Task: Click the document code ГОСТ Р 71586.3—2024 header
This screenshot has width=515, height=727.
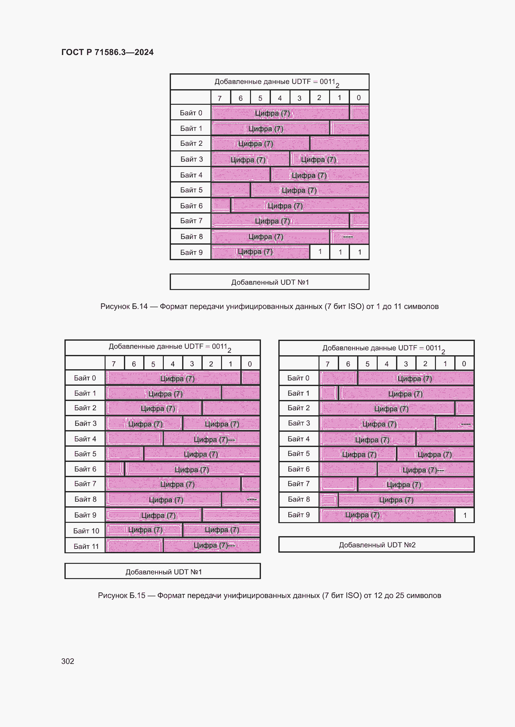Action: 107,52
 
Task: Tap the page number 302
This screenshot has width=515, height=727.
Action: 68,661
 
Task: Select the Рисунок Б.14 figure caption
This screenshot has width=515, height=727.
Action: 269,306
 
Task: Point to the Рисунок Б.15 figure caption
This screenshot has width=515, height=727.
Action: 269,596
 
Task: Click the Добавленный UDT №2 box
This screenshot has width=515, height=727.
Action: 376,545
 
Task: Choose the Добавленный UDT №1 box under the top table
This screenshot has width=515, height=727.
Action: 270,282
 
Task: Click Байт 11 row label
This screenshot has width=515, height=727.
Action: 86,546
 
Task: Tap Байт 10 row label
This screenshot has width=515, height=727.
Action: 86,531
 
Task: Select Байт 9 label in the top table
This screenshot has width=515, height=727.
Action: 191,252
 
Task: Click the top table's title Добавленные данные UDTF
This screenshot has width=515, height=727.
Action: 270,82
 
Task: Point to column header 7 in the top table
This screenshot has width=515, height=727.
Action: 220,98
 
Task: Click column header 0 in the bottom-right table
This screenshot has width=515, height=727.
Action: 464,364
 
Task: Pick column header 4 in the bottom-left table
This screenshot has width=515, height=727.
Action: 172,364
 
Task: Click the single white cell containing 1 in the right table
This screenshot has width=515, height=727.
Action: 465,515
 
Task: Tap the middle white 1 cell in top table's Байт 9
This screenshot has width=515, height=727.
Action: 340,252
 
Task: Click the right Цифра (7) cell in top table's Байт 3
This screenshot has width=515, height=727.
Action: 330,159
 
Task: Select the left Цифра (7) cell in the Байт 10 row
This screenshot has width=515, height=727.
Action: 144,530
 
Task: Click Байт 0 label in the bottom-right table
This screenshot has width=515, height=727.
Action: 298,378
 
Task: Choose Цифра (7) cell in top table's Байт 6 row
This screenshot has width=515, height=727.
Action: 300,206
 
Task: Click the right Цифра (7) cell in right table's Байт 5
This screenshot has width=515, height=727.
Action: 435,454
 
